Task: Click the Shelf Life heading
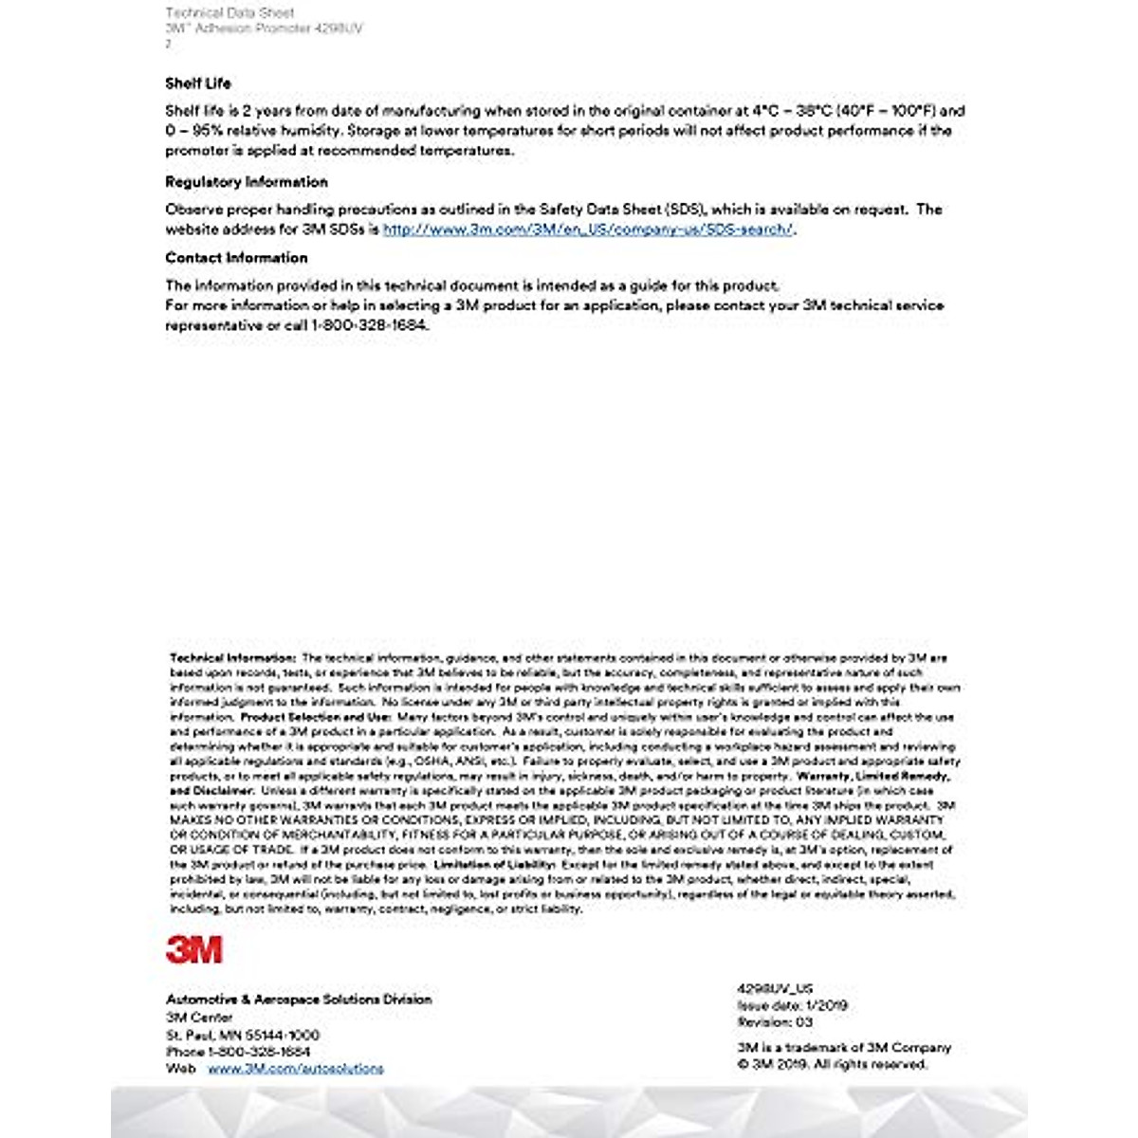tap(197, 83)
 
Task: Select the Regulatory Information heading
tap(247, 182)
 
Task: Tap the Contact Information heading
tap(236, 258)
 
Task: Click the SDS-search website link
tap(588, 229)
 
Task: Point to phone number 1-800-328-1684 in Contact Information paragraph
tap(370, 325)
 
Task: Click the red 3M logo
tap(194, 949)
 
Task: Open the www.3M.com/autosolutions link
tap(296, 1069)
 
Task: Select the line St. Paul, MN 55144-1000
tap(243, 1035)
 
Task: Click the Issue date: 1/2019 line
tap(793, 1005)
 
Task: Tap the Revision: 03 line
tap(775, 1022)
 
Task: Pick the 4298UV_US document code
tap(775, 988)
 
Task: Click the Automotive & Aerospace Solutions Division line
tap(299, 1000)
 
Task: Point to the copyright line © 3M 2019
tap(833, 1065)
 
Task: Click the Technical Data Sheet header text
tap(229, 13)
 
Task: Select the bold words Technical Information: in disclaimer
tap(233, 658)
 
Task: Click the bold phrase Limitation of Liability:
tap(494, 865)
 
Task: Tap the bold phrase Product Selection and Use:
tap(315, 718)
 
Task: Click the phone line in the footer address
tap(238, 1052)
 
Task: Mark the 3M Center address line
tap(199, 1018)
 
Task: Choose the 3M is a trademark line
tap(844, 1048)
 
